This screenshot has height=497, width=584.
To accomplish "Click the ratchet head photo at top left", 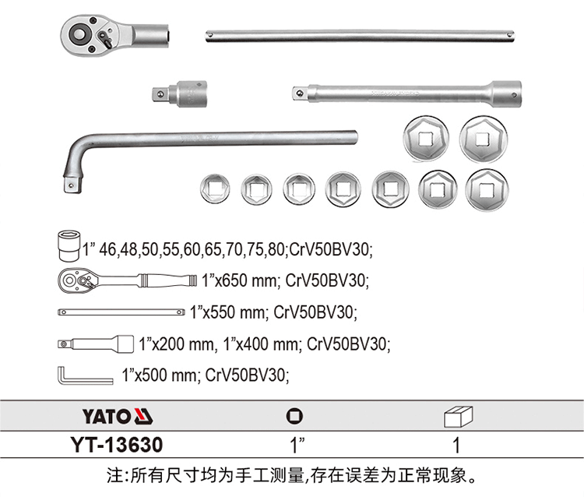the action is [115, 36].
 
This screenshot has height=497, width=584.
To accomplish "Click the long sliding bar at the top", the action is [360, 36].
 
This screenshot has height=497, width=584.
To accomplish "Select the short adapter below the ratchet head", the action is [180, 93].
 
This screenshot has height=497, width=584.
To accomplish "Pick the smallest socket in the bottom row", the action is [215, 189].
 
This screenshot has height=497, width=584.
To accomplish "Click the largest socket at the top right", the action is [484, 139].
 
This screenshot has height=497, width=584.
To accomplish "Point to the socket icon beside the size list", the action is [69, 245].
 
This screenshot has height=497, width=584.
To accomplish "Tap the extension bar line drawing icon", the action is [96, 344].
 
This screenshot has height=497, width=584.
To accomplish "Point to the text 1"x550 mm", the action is [229, 312].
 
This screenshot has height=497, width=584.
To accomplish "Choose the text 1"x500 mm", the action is [160, 375].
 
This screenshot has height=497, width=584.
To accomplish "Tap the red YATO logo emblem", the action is [143, 416].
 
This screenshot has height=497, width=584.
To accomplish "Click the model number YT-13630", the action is [117, 445].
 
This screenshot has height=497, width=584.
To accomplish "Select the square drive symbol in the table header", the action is [294, 416].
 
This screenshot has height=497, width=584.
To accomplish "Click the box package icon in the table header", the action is [458, 417].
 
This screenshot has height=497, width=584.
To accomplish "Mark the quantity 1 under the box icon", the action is [456, 446].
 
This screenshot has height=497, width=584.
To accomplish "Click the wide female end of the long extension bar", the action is [506, 93].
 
